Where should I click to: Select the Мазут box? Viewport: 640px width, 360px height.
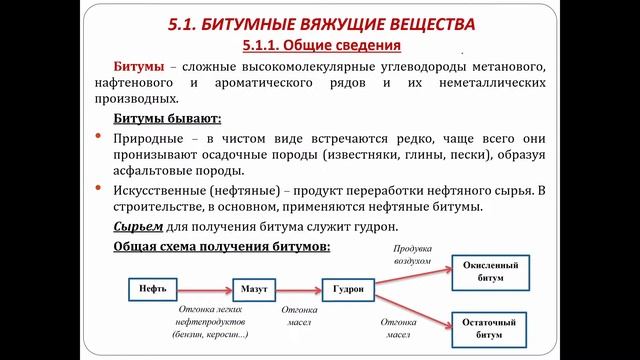click(x=254, y=290)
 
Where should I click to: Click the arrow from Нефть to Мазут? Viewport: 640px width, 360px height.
click(x=204, y=290)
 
